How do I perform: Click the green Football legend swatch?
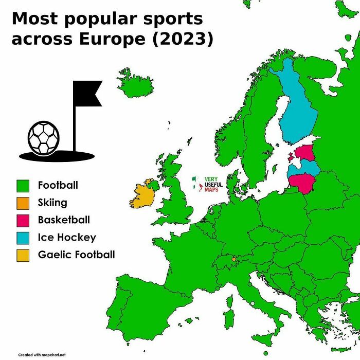point(23,185)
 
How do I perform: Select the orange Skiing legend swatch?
point(23,203)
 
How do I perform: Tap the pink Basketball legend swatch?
point(23,220)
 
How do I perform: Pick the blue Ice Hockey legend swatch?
point(23,238)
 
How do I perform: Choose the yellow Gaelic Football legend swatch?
point(23,255)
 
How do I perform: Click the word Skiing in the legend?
point(52,203)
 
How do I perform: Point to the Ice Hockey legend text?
point(67,238)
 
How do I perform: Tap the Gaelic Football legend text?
point(76,255)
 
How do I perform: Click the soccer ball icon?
point(44,138)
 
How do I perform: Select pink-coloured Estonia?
point(305,152)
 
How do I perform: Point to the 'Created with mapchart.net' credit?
point(42,355)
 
